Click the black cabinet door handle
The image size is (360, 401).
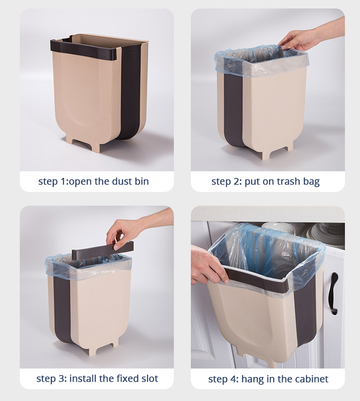[x=333, y=293]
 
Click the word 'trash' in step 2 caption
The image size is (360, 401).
[x=288, y=181]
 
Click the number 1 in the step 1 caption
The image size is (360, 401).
[x=63, y=181]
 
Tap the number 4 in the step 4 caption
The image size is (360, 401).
[x=235, y=379]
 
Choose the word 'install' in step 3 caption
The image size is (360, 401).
[x=83, y=378]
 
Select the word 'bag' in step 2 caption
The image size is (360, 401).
[x=311, y=182]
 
